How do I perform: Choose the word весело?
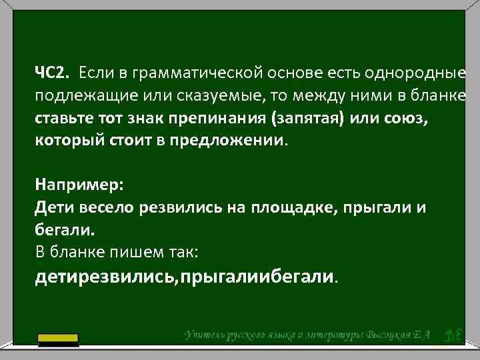108,207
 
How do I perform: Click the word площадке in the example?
291,207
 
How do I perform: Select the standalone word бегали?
65,230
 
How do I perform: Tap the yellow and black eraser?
58,340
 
